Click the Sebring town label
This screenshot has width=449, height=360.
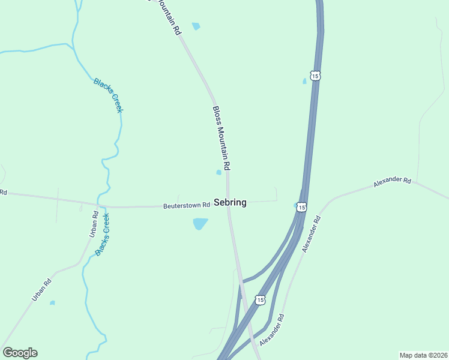tap(230, 203)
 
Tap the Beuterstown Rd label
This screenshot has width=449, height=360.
tap(186, 205)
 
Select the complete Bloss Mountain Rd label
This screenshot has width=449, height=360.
tap(221, 137)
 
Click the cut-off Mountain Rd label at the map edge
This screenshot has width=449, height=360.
tap(169, 17)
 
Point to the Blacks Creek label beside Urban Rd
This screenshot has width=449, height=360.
tap(103, 235)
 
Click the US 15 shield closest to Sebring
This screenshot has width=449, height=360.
tap(301, 206)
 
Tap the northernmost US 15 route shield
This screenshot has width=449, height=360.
tap(316, 76)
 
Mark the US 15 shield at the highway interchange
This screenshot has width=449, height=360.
tap(259, 299)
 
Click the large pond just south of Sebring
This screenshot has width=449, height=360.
tap(200, 224)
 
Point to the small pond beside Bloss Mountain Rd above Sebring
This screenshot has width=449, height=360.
tap(218, 173)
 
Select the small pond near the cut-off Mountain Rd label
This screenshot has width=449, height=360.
tap(196, 26)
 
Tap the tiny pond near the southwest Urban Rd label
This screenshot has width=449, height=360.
tap(52, 302)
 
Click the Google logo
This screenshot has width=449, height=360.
tap(20, 353)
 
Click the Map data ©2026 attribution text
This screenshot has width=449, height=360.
tap(423, 355)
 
